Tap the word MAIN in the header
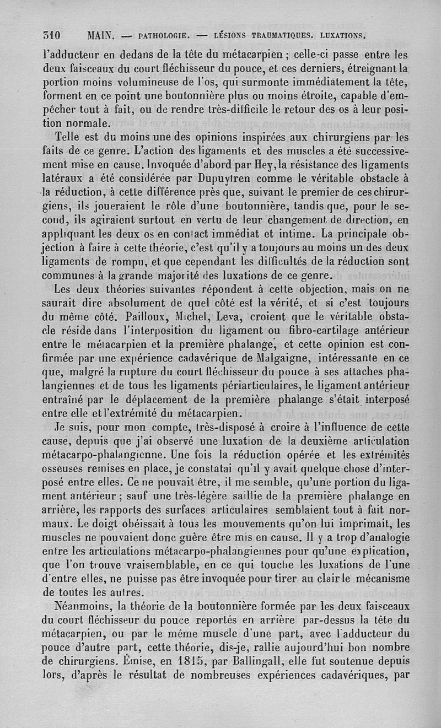coord(100,36)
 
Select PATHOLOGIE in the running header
coord(165,37)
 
